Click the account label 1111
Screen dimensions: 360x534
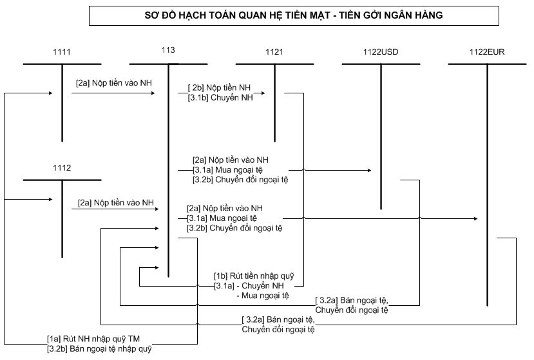click(62, 51)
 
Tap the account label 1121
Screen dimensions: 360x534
click(274, 51)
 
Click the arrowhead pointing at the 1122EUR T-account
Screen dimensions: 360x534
click(475, 220)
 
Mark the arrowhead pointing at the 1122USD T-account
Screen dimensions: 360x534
click(370, 170)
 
